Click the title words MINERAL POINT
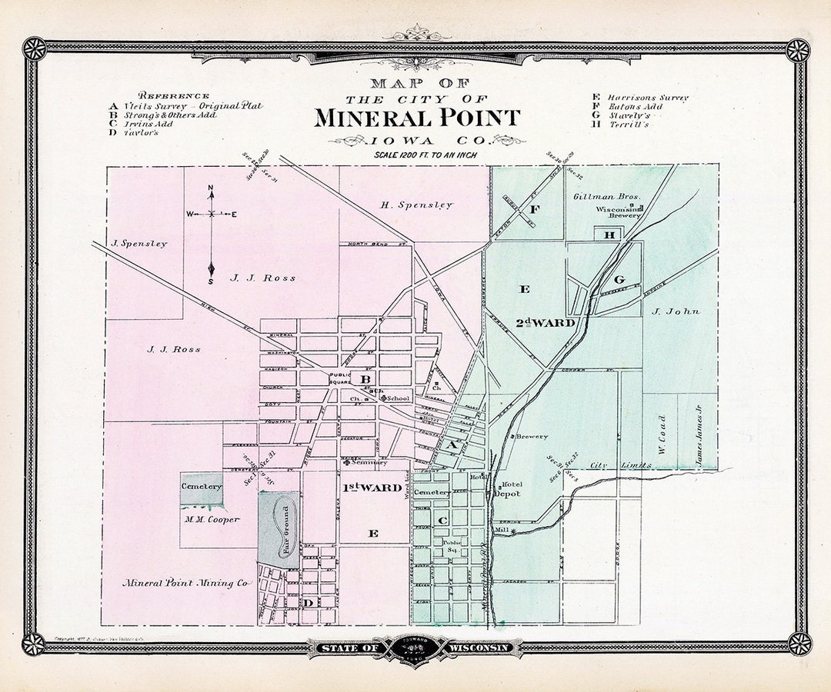point(416,118)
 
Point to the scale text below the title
point(426,155)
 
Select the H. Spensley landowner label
point(416,205)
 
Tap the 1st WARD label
point(372,487)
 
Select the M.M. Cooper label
point(212,519)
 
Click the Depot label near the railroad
point(507,494)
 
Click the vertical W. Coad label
point(662,434)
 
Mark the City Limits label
point(609,465)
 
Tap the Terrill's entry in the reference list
point(629,125)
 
